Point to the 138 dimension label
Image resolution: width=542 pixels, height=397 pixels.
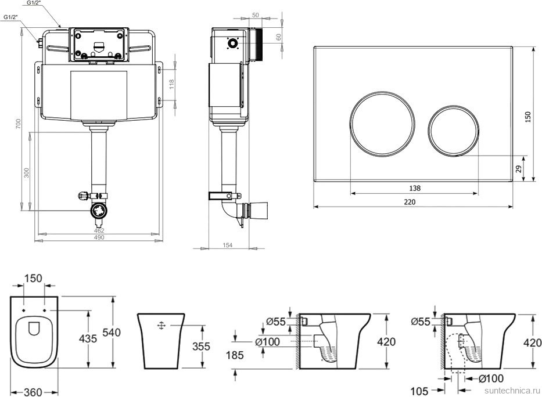[414, 187]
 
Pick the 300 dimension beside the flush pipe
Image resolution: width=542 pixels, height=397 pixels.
[26, 172]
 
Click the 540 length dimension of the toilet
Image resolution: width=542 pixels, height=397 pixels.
[111, 333]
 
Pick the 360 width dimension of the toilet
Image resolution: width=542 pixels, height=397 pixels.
[33, 391]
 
